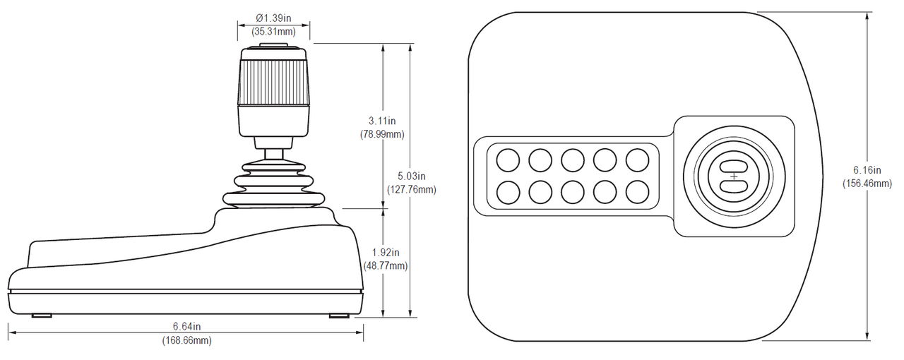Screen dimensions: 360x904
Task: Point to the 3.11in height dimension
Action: pyautogui.click(x=382, y=121)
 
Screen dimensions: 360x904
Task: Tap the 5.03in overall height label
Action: pyautogui.click(x=410, y=176)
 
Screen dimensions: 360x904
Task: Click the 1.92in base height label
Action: pyautogui.click(x=386, y=253)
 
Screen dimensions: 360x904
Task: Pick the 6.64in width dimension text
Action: pyautogui.click(x=187, y=327)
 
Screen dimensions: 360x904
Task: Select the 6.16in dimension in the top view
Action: pyautogui.click(x=867, y=170)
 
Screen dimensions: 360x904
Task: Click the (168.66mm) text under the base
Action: pyautogui.click(x=186, y=340)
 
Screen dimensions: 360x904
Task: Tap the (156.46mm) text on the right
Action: pyautogui.click(x=867, y=184)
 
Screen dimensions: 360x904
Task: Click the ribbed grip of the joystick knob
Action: pyautogui.click(x=273, y=82)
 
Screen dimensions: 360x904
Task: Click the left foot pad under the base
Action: pyautogui.click(x=41, y=315)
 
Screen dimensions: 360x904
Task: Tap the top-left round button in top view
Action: pyautogui.click(x=507, y=159)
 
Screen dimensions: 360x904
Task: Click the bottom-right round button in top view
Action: pyautogui.click(x=637, y=191)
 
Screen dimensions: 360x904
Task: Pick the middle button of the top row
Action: pyautogui.click(x=572, y=159)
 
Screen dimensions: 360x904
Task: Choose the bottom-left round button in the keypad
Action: pyautogui.click(x=507, y=191)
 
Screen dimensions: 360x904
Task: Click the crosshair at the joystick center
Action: pyautogui.click(x=734, y=176)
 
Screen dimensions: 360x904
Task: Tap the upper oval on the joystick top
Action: pyautogui.click(x=734, y=165)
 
